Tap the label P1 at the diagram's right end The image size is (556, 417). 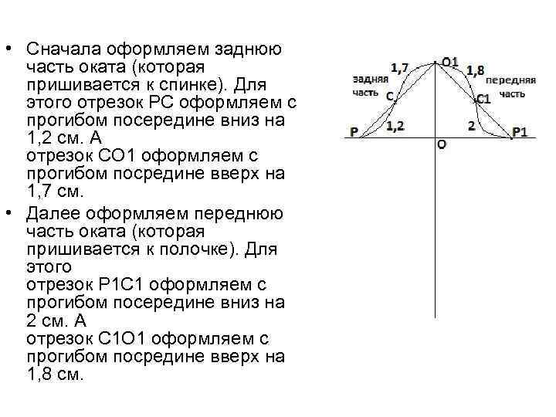click(520, 132)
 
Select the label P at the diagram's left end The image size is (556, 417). click(354, 132)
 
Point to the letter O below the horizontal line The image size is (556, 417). click(441, 144)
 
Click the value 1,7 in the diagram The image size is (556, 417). click(400, 68)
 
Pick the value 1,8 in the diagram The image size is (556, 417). click(475, 71)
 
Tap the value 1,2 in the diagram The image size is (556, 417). click(395, 125)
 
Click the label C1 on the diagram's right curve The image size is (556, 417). click(483, 98)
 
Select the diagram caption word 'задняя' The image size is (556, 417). click(368, 80)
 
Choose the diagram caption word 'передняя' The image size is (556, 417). click(510, 80)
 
